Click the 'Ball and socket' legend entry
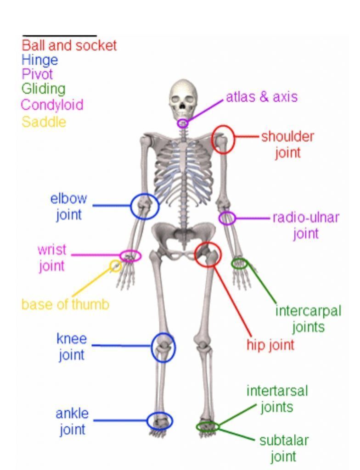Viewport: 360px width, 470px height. (x=69, y=46)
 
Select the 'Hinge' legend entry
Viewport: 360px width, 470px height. (x=39, y=60)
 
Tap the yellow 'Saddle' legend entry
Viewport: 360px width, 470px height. (x=44, y=122)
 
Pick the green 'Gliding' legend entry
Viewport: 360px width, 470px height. (x=44, y=89)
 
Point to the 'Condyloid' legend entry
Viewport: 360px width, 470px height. (x=52, y=105)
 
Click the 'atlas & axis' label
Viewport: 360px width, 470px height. (x=262, y=97)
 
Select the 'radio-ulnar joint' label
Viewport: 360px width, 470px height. (x=306, y=225)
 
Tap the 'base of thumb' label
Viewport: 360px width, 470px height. (x=65, y=305)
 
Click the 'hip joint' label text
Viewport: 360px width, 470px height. (x=270, y=345)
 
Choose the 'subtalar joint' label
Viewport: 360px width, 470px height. (x=284, y=449)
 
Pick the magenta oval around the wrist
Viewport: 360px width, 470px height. (x=130, y=251)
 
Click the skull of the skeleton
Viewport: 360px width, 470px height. (x=183, y=97)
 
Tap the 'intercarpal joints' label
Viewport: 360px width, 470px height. (x=309, y=319)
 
